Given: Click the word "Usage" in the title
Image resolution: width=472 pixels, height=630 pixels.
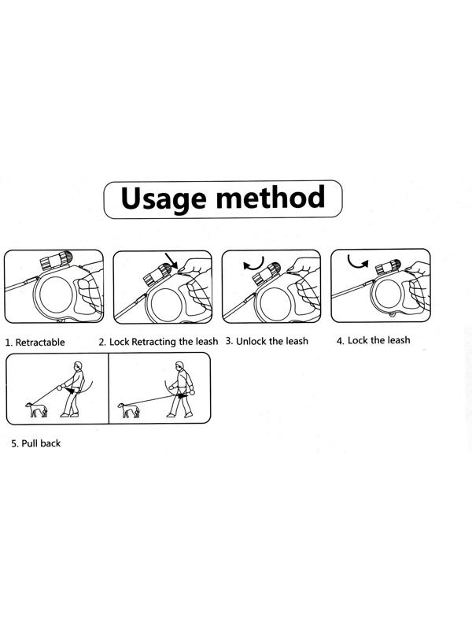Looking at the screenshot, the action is point(163,198).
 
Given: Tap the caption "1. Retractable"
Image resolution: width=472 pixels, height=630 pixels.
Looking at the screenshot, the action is point(35,343).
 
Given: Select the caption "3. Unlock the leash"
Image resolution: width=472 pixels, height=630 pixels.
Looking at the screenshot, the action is point(267,341).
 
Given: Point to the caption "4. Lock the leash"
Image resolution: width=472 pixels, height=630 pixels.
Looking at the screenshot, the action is point(373,340).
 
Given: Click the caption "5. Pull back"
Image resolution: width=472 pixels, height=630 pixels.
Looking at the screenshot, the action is point(35,443).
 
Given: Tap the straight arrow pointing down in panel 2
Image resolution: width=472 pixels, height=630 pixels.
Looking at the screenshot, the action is point(171,261).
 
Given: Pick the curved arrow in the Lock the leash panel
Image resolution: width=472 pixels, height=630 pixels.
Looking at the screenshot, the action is point(358,262).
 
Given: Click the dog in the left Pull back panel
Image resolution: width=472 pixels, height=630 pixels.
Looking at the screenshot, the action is point(36,409).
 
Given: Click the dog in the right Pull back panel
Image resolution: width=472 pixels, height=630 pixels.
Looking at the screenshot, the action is point(129,410).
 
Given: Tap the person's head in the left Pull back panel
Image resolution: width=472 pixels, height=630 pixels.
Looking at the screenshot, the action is point(78,366).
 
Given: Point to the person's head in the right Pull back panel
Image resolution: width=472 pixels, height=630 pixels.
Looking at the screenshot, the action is point(180,366).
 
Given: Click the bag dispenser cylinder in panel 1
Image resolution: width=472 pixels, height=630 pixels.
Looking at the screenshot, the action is point(56,261).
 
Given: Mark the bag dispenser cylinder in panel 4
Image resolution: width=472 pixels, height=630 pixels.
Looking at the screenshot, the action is point(388,267).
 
